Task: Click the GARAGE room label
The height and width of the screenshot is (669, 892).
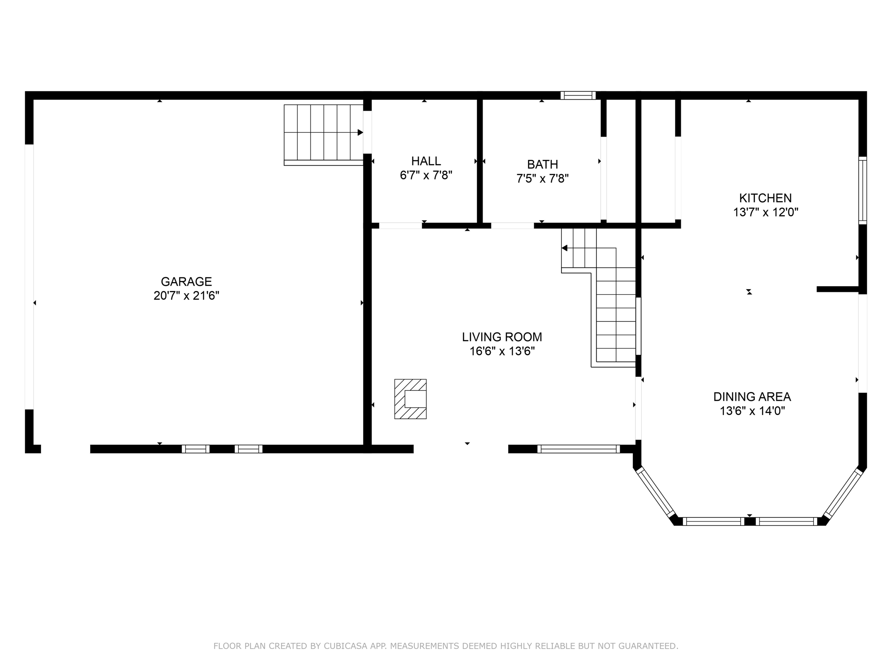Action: pyautogui.click(x=186, y=281)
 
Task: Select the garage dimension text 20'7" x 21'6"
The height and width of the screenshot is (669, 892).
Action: pyautogui.click(x=186, y=296)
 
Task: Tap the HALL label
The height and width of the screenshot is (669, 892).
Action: pyautogui.click(x=426, y=161)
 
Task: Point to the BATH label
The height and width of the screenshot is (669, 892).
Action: pyautogui.click(x=542, y=165)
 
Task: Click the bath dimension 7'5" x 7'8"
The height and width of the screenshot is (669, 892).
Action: pyautogui.click(x=542, y=179)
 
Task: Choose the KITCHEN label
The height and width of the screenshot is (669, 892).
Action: pyautogui.click(x=765, y=198)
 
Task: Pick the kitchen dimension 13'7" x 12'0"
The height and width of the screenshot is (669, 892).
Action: pyautogui.click(x=765, y=213)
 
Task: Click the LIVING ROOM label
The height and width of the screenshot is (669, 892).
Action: pyautogui.click(x=502, y=337)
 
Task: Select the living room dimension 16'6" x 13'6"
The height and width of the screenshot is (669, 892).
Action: pyautogui.click(x=502, y=351)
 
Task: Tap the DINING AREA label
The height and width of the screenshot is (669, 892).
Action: pyautogui.click(x=752, y=397)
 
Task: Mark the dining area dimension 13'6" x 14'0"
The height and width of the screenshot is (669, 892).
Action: pyautogui.click(x=752, y=411)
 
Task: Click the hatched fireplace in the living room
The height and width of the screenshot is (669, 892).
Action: pyautogui.click(x=410, y=399)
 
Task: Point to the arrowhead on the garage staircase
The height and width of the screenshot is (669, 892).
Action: pyautogui.click(x=360, y=132)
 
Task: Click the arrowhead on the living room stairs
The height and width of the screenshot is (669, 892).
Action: pyautogui.click(x=564, y=248)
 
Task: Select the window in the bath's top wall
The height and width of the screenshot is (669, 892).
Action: pyautogui.click(x=578, y=95)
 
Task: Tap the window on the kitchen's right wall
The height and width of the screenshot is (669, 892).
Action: pyautogui.click(x=862, y=190)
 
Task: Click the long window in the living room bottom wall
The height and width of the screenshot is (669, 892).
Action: pyautogui.click(x=578, y=449)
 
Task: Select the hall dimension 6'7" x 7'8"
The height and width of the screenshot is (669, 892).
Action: pyautogui.click(x=426, y=176)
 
